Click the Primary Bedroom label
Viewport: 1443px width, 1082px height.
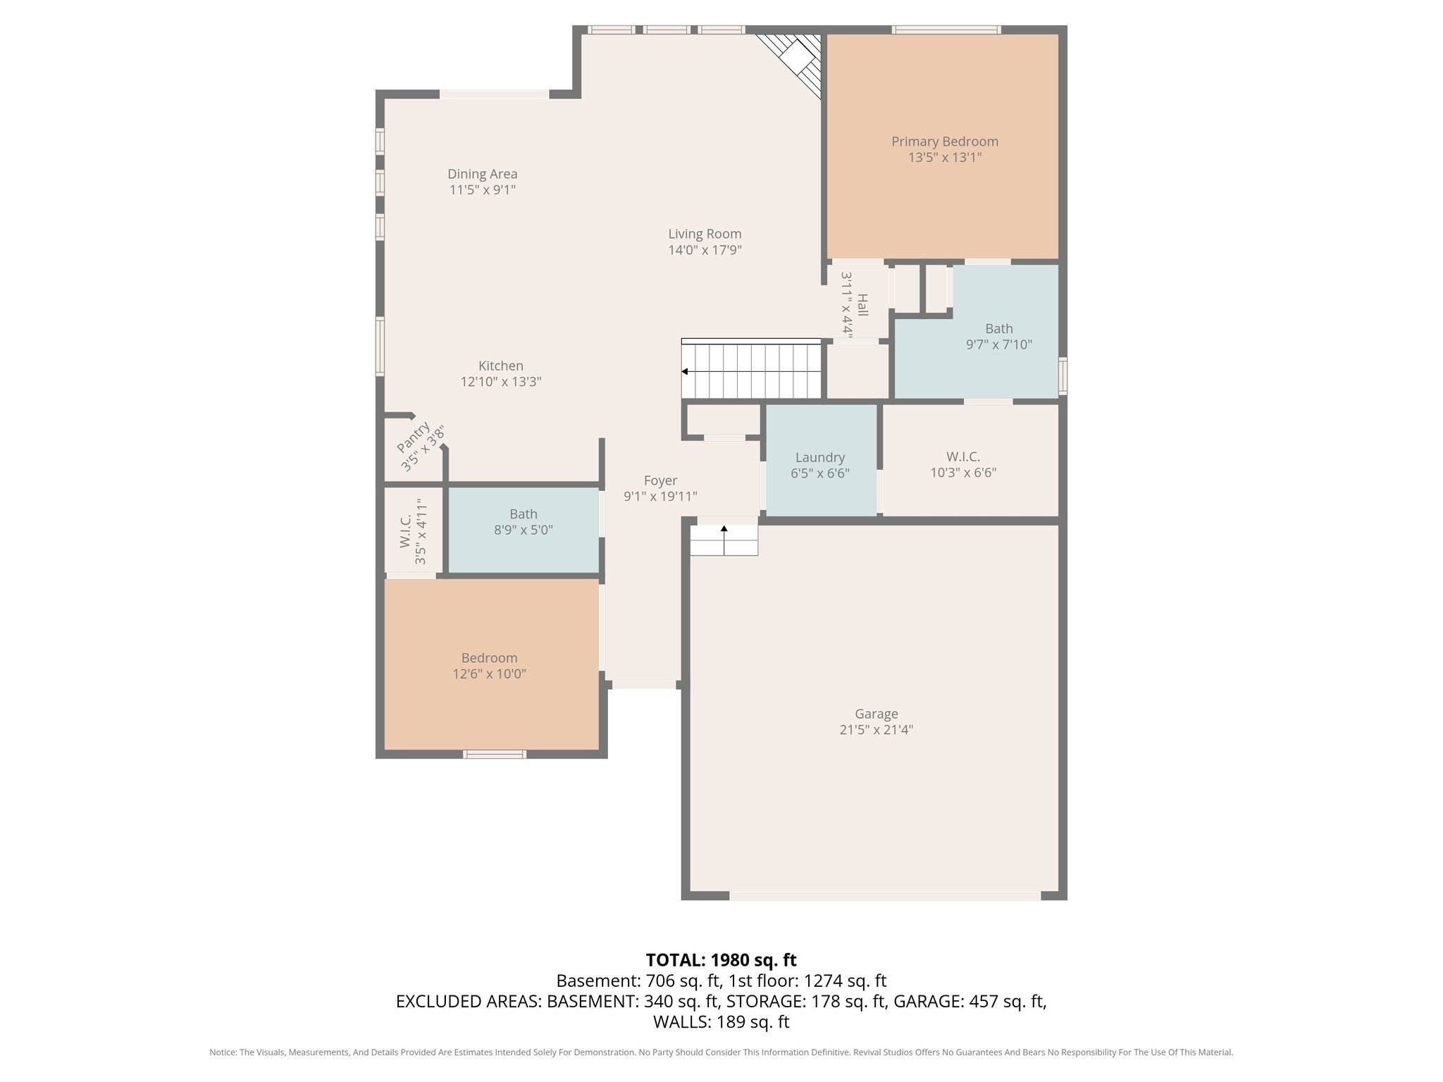pyautogui.click(x=944, y=142)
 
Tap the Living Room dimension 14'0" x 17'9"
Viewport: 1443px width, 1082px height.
pyautogui.click(x=705, y=250)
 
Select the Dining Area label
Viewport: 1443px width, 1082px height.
pyautogui.click(x=482, y=174)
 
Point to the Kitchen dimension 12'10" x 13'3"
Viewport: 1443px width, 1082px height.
pyautogui.click(x=500, y=382)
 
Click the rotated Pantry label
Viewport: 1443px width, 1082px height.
pyautogui.click(x=414, y=437)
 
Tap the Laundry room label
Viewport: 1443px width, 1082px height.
pyautogui.click(x=819, y=457)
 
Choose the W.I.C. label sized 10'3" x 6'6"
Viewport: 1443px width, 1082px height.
pyautogui.click(x=962, y=457)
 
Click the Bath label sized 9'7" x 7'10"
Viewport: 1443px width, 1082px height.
pyautogui.click(x=998, y=329)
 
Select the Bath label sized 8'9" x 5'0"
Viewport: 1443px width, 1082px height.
pyautogui.click(x=523, y=514)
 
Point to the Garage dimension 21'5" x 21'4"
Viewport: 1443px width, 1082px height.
pyautogui.click(x=876, y=730)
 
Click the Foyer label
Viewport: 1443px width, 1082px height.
pyautogui.click(x=660, y=480)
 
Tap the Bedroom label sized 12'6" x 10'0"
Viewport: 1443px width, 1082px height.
pyautogui.click(x=489, y=658)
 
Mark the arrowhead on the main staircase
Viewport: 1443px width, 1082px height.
pyautogui.click(x=685, y=371)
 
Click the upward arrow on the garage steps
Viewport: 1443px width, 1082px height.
pyautogui.click(x=724, y=528)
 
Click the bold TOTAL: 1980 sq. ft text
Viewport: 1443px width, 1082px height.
pyautogui.click(x=721, y=960)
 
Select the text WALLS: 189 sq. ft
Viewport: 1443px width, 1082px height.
pyautogui.click(x=721, y=1021)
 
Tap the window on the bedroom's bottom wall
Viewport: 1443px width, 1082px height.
pyautogui.click(x=494, y=754)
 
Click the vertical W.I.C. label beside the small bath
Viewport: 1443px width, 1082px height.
pyautogui.click(x=405, y=532)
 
